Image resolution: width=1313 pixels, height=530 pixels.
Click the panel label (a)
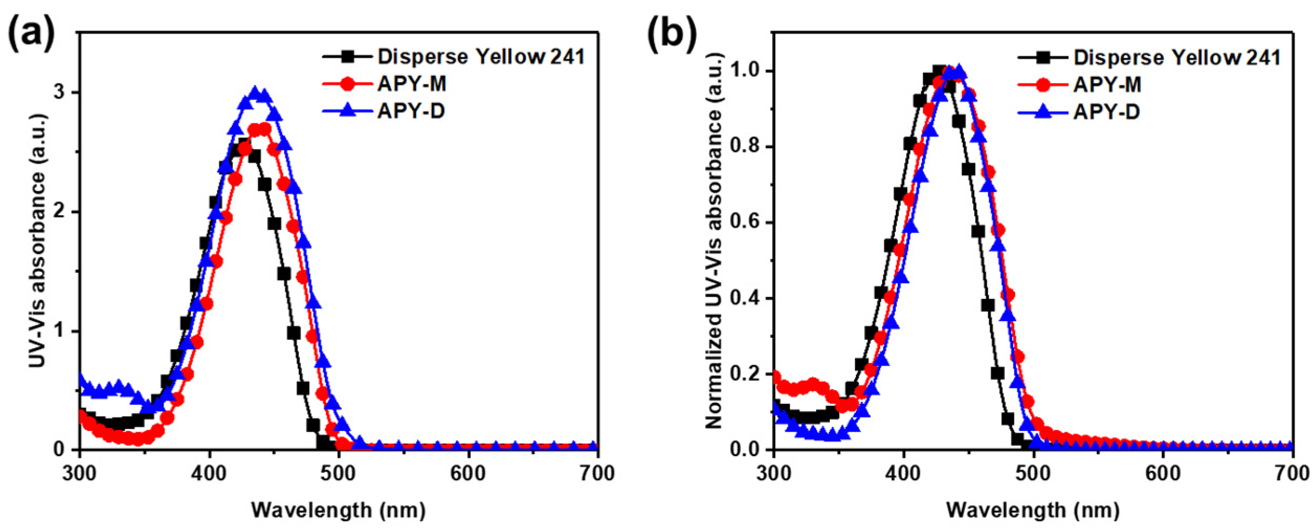pyautogui.click(x=31, y=35)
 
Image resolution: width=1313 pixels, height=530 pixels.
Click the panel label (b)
pyautogui.click(x=672, y=35)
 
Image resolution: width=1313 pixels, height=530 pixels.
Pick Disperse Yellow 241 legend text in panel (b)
pyautogui.click(x=1176, y=57)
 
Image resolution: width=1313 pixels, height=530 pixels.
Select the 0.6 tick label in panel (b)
pyautogui.click(x=743, y=223)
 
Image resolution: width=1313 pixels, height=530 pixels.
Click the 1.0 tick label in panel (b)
pyautogui.click(x=743, y=71)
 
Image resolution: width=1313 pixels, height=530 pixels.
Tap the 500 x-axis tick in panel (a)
pyautogui.click(x=339, y=473)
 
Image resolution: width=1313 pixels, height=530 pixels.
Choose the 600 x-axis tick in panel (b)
pyautogui.click(x=1163, y=473)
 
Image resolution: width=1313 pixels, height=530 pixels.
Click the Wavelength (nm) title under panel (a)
pyautogui.click(x=338, y=510)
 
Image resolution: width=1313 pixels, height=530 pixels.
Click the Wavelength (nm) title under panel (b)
pyautogui.click(x=1032, y=510)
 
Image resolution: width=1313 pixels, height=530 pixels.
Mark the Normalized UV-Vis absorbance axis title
pyautogui.click(x=714, y=241)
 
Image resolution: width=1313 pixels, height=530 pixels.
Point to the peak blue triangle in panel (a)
pyautogui.click(x=255, y=93)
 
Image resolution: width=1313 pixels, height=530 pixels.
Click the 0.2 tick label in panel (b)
pyautogui.click(x=743, y=374)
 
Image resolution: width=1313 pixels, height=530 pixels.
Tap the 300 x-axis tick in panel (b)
pyautogui.click(x=774, y=473)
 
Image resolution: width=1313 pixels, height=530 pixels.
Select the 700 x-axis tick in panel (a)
pyautogui.click(x=597, y=473)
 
